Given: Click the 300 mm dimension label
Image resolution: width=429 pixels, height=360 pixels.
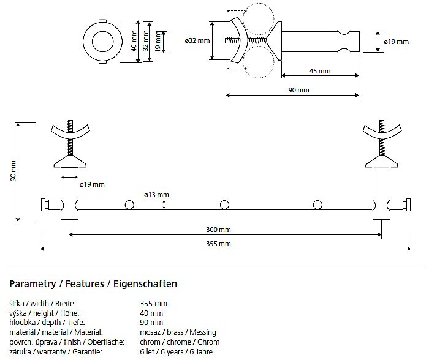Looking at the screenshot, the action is click(218, 230).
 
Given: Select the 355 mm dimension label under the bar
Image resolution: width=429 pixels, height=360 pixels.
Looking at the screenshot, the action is click(218, 244).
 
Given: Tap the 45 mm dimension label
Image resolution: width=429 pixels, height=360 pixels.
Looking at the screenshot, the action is click(320, 71).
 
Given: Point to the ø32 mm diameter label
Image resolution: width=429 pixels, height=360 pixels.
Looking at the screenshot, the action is click(197, 41).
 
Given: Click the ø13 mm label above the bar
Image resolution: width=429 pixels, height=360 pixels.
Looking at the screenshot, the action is click(156, 195).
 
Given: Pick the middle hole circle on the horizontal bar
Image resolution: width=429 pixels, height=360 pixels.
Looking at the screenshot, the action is click(224, 204).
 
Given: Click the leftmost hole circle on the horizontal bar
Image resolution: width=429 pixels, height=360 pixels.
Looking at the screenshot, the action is click(129, 204).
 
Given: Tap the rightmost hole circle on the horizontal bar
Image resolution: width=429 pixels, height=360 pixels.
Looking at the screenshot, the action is click(317, 204).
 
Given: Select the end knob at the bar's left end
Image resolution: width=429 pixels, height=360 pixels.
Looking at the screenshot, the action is click(44, 204).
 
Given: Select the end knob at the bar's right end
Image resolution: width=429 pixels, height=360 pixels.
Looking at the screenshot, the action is click(407, 204).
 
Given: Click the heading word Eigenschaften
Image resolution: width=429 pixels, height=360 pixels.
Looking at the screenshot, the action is click(145, 284).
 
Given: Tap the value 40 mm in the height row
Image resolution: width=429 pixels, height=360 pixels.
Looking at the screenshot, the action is click(151, 313).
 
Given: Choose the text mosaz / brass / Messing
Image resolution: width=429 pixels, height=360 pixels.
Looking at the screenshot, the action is click(178, 332).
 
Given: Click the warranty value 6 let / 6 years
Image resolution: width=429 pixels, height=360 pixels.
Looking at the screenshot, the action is click(162, 351).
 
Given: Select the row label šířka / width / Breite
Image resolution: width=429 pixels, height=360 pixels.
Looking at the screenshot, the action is click(42, 304).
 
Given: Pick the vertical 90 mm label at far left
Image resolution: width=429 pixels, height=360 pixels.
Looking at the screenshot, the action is click(13, 171).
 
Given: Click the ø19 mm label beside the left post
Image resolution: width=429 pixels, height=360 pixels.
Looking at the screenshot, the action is click(92, 184).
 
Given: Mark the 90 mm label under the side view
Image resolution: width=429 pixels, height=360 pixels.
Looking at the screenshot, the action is click(299, 90).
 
